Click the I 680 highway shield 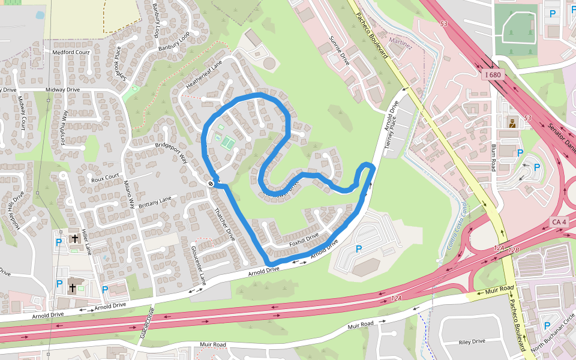pyautogui.click(x=493, y=75)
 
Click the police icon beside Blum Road pyautogui.click(x=512, y=124)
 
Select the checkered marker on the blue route pyautogui.click(x=211, y=182)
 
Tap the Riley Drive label pyautogui.click(x=472, y=341)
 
